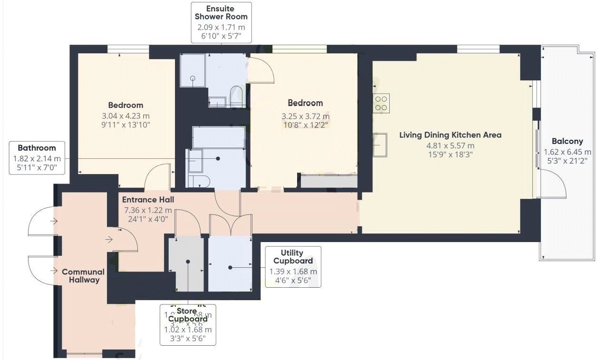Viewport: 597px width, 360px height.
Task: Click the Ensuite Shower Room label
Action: coord(221,12)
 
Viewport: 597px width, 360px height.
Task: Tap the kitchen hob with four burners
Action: coord(382,103)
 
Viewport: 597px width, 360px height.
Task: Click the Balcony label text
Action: coord(567,141)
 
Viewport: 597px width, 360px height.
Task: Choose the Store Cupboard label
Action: coord(188,315)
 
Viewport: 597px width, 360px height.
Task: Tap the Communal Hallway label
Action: coord(83,276)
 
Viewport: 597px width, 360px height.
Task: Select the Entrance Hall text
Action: coord(148,200)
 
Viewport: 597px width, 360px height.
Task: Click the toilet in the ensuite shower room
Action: coord(236,97)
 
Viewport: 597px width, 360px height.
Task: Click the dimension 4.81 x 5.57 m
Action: coord(450,146)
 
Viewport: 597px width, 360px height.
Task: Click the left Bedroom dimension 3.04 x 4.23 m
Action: coord(125,116)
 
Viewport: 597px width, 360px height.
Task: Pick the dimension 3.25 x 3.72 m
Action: coord(305,116)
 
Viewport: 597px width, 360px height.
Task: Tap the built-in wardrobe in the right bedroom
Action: coord(328,181)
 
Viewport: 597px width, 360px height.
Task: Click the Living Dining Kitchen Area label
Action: coord(450,135)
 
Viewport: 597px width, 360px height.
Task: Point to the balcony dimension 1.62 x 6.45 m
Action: coord(567,152)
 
